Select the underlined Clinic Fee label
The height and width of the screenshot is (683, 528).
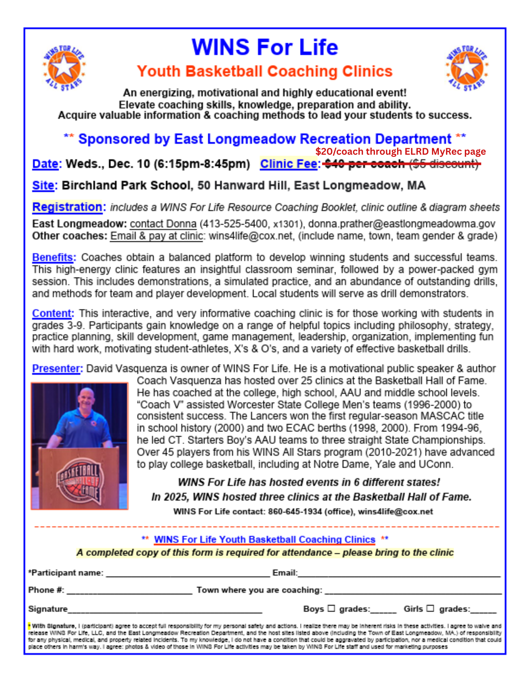289,164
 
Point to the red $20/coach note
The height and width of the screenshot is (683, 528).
400,151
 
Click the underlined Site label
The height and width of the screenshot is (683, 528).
43,185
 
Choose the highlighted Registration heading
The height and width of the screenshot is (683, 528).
67,207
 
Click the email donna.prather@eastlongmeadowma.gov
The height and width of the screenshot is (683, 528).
402,224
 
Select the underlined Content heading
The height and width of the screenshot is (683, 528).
52,313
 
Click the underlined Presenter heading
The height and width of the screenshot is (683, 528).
57,368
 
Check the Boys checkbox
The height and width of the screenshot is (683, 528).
331,608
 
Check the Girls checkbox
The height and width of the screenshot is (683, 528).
430,608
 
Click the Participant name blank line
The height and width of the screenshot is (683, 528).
188,574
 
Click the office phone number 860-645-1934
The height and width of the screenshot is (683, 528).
295,512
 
